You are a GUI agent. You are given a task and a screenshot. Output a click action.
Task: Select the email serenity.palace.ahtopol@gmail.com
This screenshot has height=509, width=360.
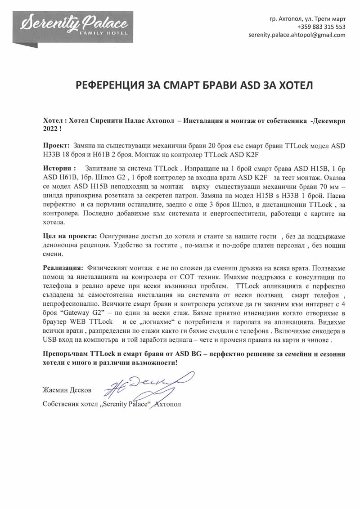pyautogui.click(x=297, y=35)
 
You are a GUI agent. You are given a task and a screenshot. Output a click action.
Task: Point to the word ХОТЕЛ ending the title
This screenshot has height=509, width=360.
pyautogui.click(x=297, y=85)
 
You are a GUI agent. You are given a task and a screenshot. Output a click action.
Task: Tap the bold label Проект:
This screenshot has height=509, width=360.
pyautogui.click(x=56, y=146)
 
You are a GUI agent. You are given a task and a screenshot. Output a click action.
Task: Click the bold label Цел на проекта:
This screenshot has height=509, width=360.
pyautogui.click(x=70, y=236)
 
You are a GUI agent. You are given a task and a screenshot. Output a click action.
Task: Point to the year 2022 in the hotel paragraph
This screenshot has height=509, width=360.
pyautogui.click(x=50, y=129)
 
